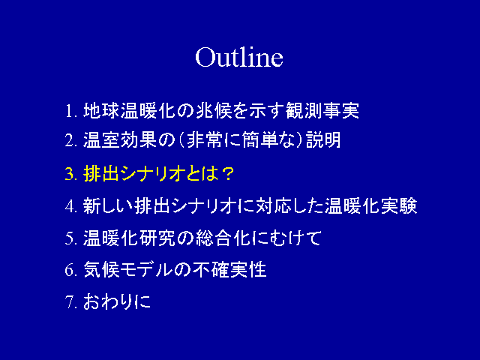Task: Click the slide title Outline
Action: point(239,57)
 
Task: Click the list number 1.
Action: point(71,111)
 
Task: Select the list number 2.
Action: point(70,140)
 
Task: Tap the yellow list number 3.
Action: point(70,174)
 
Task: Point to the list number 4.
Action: point(70,205)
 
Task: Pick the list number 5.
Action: point(70,238)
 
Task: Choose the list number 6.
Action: point(70,270)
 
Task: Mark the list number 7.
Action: point(70,301)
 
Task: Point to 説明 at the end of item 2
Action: point(323,140)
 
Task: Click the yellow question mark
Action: point(227,174)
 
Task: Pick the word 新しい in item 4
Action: point(108,205)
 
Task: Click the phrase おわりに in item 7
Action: point(117,301)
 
